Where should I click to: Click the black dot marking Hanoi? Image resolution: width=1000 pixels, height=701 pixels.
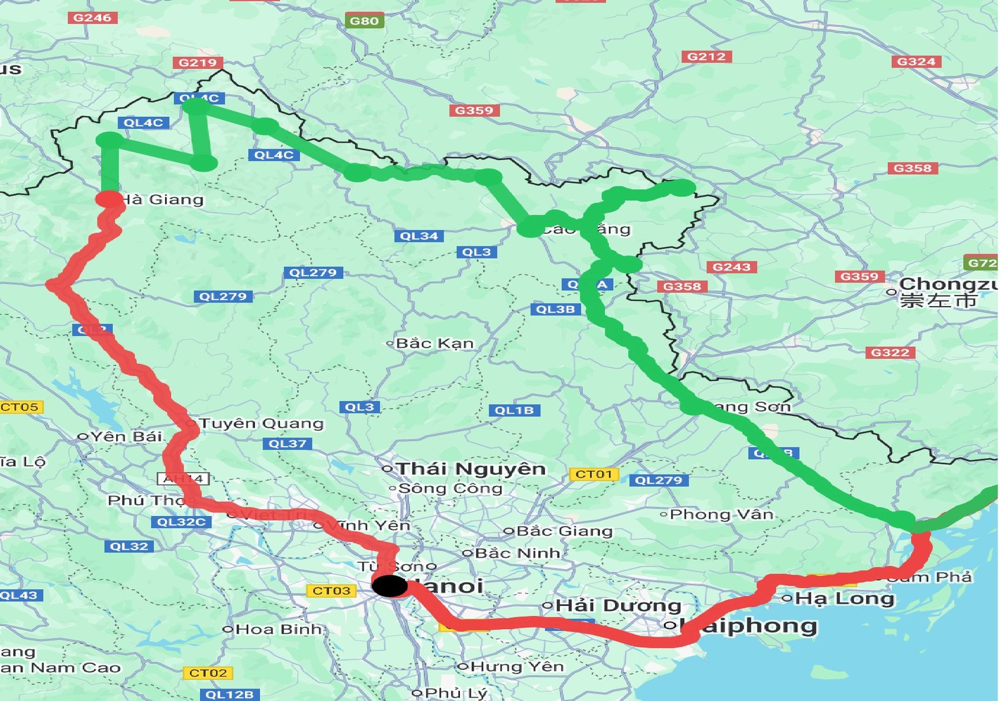click(390, 586)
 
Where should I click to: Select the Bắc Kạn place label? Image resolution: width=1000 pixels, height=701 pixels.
click(435, 343)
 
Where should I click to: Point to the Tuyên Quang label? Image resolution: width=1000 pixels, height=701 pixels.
click(262, 424)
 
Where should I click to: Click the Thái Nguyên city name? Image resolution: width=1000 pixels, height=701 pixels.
click(471, 469)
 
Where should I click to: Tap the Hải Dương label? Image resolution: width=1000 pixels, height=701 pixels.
click(617, 605)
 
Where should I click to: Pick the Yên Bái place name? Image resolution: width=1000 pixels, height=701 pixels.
click(126, 436)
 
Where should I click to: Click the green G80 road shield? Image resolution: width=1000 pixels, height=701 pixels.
click(364, 21)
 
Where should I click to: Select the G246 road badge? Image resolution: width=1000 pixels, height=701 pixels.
click(92, 17)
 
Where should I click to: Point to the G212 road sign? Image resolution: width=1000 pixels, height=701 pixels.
click(706, 56)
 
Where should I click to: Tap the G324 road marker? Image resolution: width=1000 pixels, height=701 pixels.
click(916, 61)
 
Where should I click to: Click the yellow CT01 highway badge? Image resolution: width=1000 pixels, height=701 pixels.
click(594, 474)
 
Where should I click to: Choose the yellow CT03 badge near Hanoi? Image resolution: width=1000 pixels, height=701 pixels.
click(331, 590)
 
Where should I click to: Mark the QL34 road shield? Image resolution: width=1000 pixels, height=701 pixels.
click(419, 236)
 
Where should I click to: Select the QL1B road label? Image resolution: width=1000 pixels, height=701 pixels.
click(514, 410)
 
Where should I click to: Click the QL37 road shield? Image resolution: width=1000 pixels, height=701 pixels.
click(287, 444)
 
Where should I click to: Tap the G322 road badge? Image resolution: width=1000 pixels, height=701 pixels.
click(890, 352)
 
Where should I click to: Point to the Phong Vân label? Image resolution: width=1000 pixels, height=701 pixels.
click(721, 514)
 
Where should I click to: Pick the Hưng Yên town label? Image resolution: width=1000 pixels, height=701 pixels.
click(516, 667)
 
